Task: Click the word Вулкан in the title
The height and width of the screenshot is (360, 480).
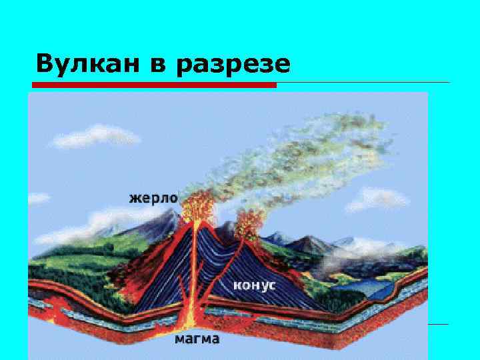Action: click(81, 64)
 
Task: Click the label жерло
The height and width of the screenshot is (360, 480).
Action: click(153, 198)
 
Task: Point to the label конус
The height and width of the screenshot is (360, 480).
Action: click(254, 285)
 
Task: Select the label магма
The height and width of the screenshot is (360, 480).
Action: click(197, 339)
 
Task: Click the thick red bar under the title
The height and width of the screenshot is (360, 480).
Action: click(155, 85)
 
